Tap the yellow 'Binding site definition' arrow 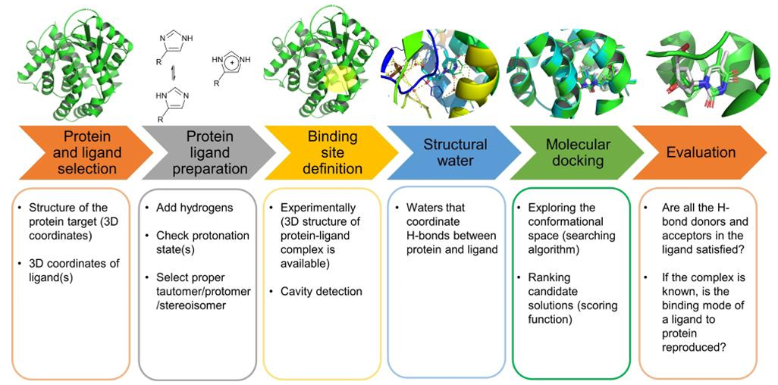(x=332, y=152)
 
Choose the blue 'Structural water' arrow (x=454, y=152)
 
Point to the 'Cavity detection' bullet (x=321, y=291)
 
